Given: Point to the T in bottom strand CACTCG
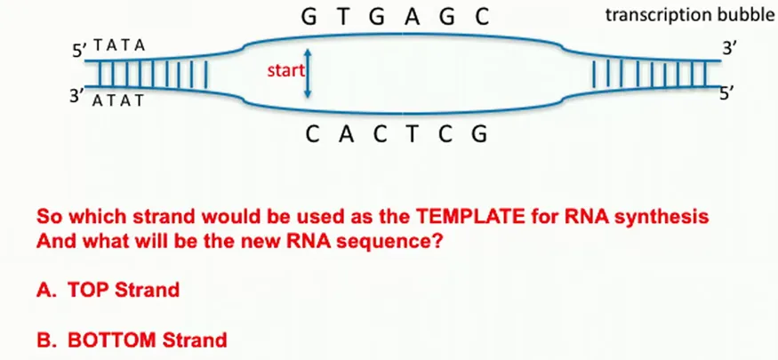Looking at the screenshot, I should [x=426, y=136].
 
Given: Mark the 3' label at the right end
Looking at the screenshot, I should [x=730, y=48].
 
